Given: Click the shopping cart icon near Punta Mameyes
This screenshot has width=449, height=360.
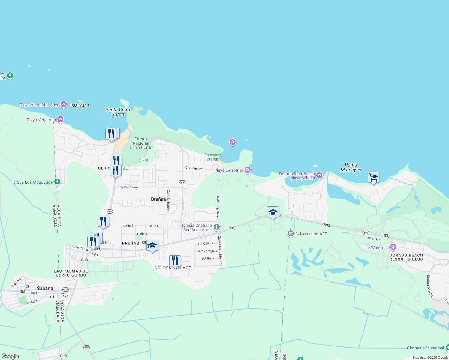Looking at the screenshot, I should (x=373, y=177).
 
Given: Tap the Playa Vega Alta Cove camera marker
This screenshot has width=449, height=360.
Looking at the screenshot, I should (x=64, y=104).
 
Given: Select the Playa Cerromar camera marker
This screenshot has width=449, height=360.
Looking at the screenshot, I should (x=248, y=170).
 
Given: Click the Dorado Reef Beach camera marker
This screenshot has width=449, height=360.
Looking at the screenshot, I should (x=319, y=175).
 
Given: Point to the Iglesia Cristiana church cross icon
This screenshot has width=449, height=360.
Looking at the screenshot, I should (x=217, y=227).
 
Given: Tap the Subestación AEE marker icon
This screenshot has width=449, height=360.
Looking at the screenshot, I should (x=291, y=234).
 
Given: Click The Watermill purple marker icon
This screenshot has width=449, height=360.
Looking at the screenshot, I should (x=393, y=247).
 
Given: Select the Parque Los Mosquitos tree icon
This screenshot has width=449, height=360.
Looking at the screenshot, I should (x=57, y=182).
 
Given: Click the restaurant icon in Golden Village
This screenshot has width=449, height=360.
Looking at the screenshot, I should (x=175, y=261).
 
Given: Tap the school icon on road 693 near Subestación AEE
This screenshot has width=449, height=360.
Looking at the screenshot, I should (x=273, y=212).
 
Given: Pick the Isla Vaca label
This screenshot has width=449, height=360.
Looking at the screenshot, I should (x=80, y=105).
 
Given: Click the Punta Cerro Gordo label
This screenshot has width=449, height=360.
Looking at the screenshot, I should (x=118, y=112).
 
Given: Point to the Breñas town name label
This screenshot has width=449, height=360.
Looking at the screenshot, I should (x=158, y=199).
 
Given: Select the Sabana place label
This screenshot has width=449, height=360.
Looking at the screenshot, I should (x=45, y=288).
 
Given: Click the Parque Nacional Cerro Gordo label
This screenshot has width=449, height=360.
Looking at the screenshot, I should (x=141, y=143).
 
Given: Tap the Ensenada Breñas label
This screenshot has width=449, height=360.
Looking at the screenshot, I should (x=213, y=157).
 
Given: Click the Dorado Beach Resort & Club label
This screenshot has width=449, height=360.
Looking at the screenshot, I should (x=406, y=257).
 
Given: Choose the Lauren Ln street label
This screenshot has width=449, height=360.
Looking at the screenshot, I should (x=372, y=238).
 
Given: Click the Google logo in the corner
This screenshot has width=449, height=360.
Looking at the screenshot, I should (x=10, y=356).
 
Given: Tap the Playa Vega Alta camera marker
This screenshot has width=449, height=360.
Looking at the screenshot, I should (x=60, y=119).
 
